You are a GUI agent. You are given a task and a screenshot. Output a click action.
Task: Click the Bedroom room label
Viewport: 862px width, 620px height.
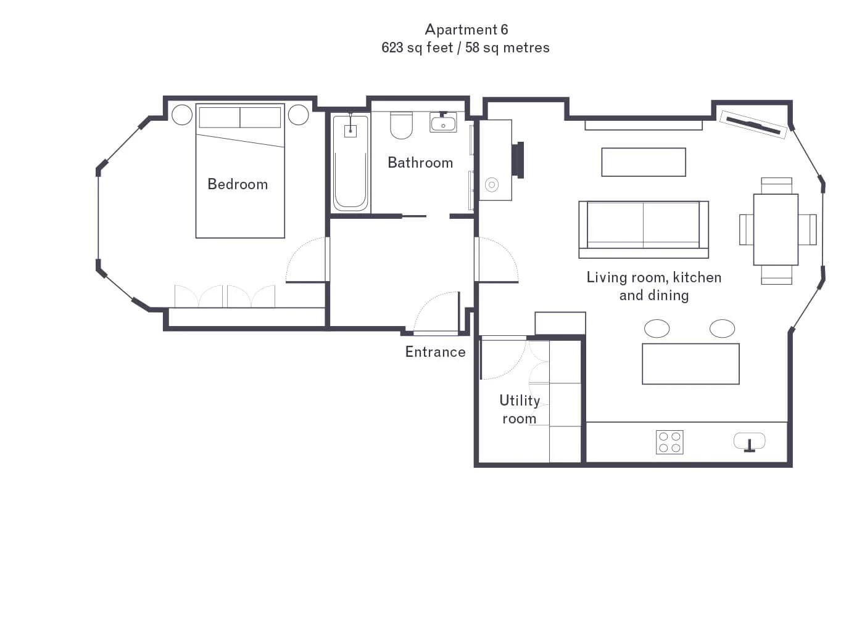[238, 184]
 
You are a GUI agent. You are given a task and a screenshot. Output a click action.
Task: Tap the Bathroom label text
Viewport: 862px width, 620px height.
[420, 163]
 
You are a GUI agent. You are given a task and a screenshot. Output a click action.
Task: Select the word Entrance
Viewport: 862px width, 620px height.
[435, 352]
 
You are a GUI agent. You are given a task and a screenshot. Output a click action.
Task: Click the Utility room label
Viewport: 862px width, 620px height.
[520, 409]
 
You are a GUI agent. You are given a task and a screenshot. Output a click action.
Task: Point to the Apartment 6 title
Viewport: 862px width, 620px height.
[466, 30]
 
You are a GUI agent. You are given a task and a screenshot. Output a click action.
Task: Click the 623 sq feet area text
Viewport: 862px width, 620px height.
[417, 47]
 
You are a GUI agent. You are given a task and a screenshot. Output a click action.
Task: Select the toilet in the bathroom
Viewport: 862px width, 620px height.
[401, 125]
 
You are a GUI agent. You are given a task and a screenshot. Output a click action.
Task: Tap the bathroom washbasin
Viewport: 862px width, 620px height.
[443, 122]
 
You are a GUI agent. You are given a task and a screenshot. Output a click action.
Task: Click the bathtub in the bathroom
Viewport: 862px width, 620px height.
[350, 163]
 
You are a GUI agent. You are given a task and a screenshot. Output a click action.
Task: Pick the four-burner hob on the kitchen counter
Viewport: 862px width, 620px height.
[669, 442]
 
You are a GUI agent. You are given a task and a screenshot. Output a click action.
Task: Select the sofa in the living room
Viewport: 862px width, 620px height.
[644, 229]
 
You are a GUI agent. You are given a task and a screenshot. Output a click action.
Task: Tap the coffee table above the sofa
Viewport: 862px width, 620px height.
[644, 162]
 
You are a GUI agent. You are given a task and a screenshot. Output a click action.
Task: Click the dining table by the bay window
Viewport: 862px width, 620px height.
[776, 229]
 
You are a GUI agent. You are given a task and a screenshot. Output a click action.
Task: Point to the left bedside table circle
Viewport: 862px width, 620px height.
[182, 115]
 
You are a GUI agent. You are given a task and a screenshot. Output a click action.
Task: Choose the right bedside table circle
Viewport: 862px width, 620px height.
[298, 115]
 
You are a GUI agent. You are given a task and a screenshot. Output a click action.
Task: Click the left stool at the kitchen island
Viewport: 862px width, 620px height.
[657, 328]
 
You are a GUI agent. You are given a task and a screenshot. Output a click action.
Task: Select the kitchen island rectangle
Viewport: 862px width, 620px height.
[690, 364]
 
